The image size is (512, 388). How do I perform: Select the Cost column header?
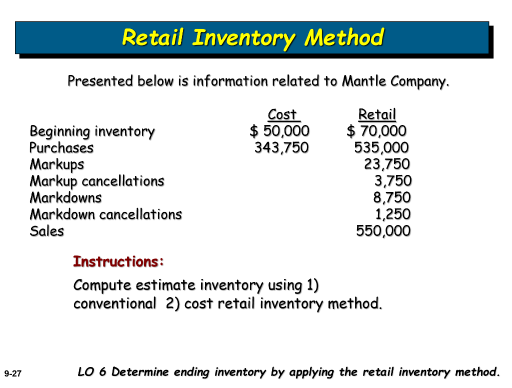(282, 114)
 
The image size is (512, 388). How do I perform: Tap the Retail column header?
(377, 114)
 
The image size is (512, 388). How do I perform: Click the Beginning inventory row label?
(92, 131)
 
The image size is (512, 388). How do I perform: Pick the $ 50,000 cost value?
(279, 131)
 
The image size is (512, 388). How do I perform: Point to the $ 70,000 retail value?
(376, 131)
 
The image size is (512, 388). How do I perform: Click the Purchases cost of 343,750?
(281, 147)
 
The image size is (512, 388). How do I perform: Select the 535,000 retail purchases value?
(381, 147)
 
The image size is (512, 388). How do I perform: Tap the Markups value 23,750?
(386, 164)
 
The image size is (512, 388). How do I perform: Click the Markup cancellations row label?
(97, 180)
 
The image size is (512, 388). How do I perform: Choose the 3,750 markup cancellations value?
(393, 180)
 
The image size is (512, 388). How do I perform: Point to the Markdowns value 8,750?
(392, 197)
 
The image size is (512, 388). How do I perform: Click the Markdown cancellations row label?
(106, 214)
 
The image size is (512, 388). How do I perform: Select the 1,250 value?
(393, 214)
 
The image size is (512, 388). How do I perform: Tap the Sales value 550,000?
(383, 231)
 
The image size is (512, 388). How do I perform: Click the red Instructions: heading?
(118, 261)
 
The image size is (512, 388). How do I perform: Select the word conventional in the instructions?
(114, 303)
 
